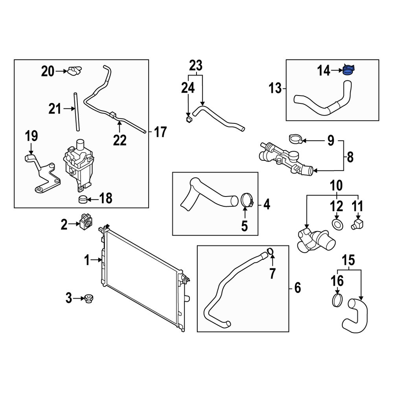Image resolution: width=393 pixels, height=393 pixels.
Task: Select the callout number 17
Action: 160,132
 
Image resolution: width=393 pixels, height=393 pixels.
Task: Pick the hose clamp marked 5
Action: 246,200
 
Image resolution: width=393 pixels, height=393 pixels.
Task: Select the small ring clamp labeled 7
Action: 270,252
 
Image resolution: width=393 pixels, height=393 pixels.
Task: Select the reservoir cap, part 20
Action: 74,71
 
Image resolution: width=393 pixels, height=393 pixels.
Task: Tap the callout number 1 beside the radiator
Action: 88,259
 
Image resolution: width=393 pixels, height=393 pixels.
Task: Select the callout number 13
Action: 275,89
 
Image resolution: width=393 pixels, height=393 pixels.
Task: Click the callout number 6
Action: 297,288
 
